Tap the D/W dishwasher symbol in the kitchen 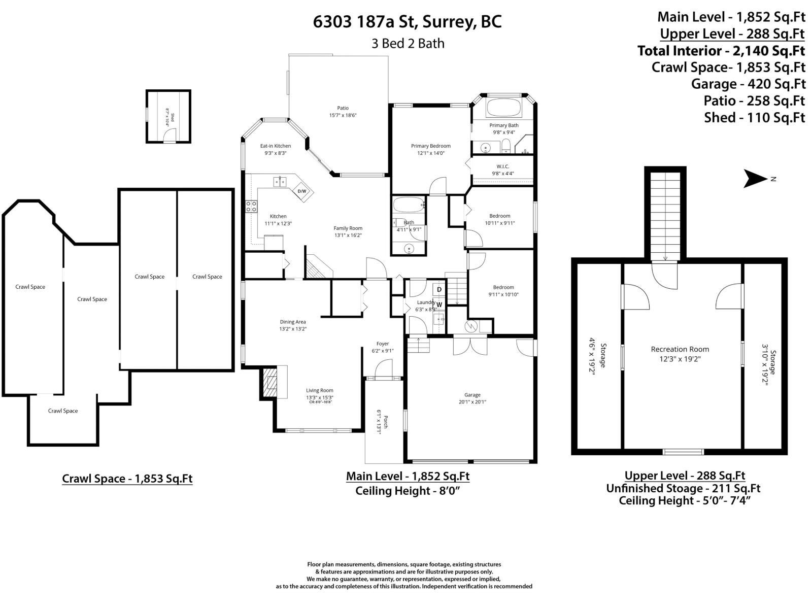(x=302, y=191)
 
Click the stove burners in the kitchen (x=251, y=206)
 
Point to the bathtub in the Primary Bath (x=503, y=108)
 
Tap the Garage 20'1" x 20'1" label (x=472, y=398)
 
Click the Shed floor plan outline (x=168, y=117)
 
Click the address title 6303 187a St (x=407, y=22)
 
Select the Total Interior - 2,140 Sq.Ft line (x=721, y=51)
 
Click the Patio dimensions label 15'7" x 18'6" (x=343, y=115)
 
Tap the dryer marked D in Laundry (x=439, y=290)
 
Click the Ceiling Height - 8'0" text (x=408, y=491)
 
